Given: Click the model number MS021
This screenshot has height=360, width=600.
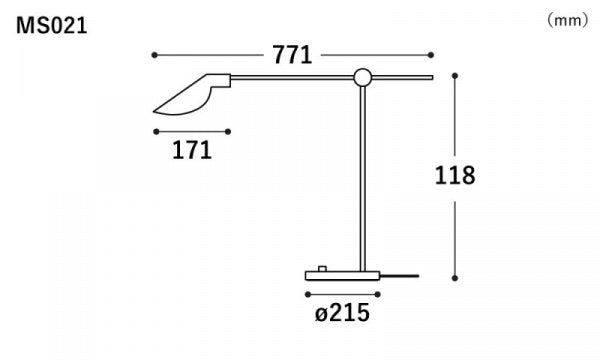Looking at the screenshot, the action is click(52, 26).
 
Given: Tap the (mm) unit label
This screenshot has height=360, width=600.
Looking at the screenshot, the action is click(567, 20).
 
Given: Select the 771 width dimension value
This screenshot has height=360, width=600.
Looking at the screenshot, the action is click(292, 55).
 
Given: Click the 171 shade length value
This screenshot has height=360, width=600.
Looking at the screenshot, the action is click(192, 150).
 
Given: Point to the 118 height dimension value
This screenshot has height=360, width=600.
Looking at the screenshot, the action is click(455, 175).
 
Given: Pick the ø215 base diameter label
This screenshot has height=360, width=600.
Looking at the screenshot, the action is click(342, 313).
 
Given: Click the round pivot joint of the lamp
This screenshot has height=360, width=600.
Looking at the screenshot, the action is click(362, 78).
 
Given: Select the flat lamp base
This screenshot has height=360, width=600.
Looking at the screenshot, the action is click(342, 275).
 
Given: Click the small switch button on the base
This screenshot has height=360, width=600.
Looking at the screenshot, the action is click(322, 268).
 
